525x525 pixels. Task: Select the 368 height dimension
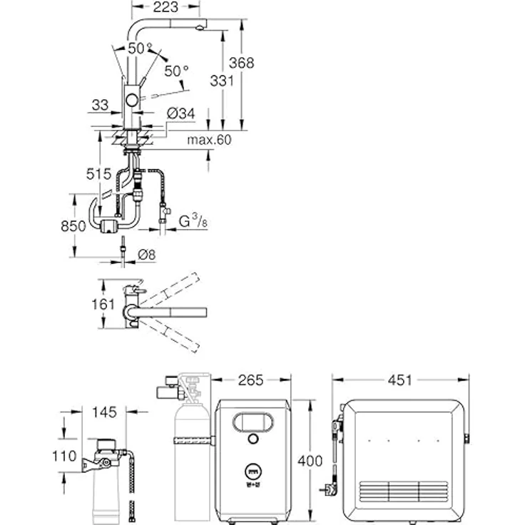[x=243, y=62]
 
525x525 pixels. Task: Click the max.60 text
[x=210, y=141]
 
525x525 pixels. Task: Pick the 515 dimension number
[x=98, y=173]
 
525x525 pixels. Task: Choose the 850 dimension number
[x=74, y=225]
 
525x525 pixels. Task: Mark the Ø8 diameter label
[x=148, y=254]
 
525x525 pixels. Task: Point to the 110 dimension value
[x=64, y=457]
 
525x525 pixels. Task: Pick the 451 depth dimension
[x=400, y=380]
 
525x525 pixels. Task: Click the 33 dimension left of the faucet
[x=101, y=105]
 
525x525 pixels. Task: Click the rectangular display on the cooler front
[x=254, y=422]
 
